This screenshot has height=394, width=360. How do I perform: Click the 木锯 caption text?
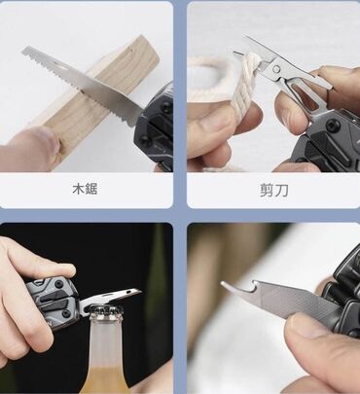pyautogui.click(x=85, y=189)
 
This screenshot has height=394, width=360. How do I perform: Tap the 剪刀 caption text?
pyautogui.click(x=273, y=191)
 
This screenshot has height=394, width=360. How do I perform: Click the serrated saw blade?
pyautogui.click(x=83, y=86)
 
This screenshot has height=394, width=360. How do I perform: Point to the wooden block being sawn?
pyautogui.click(x=97, y=94)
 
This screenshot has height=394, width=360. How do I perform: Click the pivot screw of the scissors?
pyautogui.click(x=276, y=69)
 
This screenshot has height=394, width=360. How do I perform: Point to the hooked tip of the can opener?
pyautogui.click(x=227, y=286)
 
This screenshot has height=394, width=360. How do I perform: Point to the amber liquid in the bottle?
pyautogui.click(x=105, y=379)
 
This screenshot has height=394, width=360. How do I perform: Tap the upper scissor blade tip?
pyautogui.click(x=248, y=38)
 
